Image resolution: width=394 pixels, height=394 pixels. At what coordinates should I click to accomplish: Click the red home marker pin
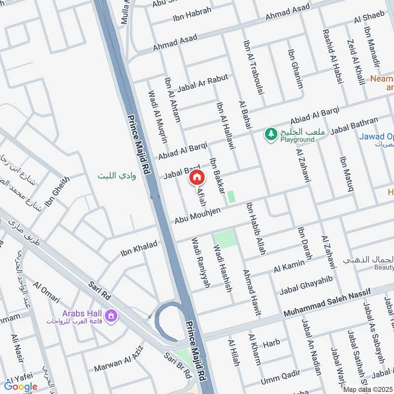197,177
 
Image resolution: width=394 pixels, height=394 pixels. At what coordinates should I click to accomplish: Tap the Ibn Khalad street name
139,249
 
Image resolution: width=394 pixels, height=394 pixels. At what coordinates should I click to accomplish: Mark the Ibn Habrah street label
192,14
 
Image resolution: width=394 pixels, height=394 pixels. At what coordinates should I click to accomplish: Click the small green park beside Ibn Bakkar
231,197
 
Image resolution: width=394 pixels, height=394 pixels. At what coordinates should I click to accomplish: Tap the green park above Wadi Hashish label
226,239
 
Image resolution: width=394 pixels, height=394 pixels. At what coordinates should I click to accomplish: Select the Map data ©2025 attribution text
367,389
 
